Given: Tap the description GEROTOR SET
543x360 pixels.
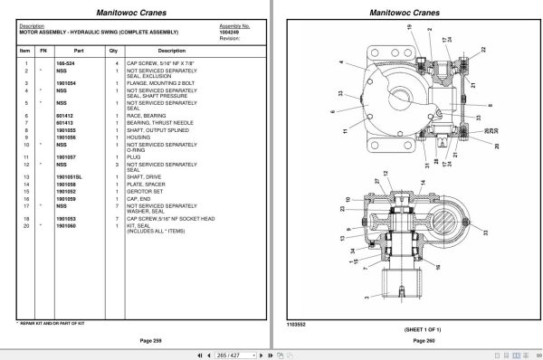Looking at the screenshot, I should click(145, 191).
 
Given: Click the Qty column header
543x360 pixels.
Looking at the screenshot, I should click(113, 51).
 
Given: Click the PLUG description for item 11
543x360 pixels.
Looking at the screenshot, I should click(135, 156).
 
